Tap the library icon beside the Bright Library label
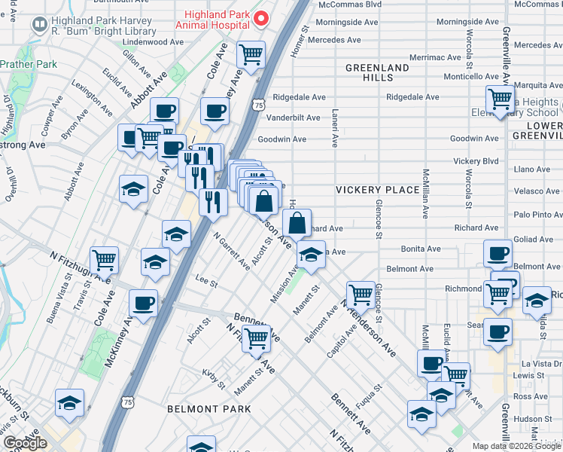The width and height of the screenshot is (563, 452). click(x=38, y=26)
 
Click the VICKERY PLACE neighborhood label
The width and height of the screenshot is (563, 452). click(x=377, y=189)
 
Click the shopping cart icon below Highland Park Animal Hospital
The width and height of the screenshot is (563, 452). click(x=251, y=53)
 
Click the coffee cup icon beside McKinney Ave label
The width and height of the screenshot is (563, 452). click(x=143, y=303)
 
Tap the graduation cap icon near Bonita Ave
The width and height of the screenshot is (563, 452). click(x=309, y=255)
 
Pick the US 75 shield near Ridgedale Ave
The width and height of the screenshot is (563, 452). click(x=258, y=106)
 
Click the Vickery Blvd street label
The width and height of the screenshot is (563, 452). click(x=476, y=161)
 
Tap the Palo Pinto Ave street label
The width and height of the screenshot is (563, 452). click(x=536, y=215)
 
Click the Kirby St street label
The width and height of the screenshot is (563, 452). click(x=213, y=378)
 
